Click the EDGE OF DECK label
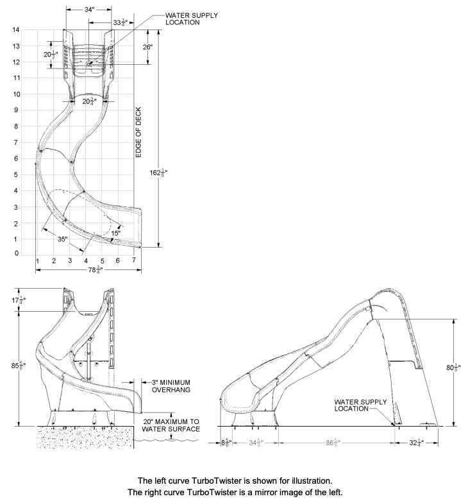(138, 132)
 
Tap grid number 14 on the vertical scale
(15, 30)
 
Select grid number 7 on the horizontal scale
(133, 260)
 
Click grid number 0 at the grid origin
(15, 254)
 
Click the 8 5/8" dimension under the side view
(224, 442)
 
